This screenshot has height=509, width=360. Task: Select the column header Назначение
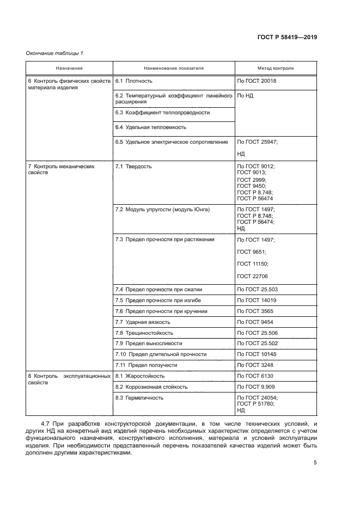click(69, 69)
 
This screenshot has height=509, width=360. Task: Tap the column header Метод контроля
click(275, 69)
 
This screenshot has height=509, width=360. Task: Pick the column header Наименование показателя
click(174, 69)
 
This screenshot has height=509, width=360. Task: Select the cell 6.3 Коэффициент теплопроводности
click(162, 113)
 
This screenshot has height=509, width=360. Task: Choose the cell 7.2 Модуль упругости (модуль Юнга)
click(162, 209)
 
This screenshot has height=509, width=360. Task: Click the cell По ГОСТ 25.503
click(258, 290)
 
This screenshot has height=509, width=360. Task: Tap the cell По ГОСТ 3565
click(255, 311)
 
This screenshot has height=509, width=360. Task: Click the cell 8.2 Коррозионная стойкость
click(151, 387)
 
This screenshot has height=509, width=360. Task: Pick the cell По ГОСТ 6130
click(255, 376)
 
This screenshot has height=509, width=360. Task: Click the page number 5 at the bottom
click(315, 463)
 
